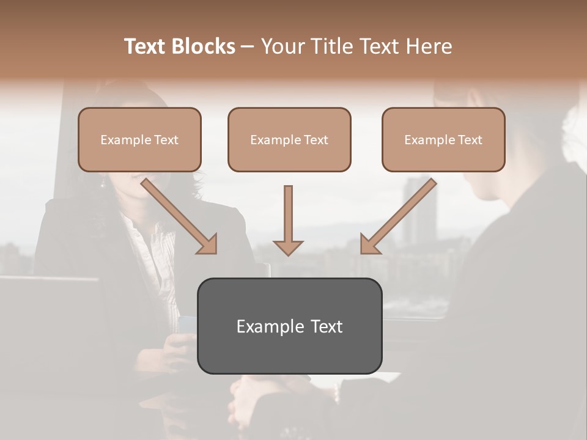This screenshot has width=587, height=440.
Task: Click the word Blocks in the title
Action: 205,46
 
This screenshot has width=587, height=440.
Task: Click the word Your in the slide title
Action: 282,46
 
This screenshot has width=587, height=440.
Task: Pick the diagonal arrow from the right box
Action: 399,216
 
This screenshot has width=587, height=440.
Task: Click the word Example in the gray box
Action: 262,326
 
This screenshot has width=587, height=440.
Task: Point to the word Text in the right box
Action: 470,140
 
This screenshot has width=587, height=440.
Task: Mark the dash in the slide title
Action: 248,47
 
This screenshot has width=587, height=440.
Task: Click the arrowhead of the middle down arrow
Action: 288,247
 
